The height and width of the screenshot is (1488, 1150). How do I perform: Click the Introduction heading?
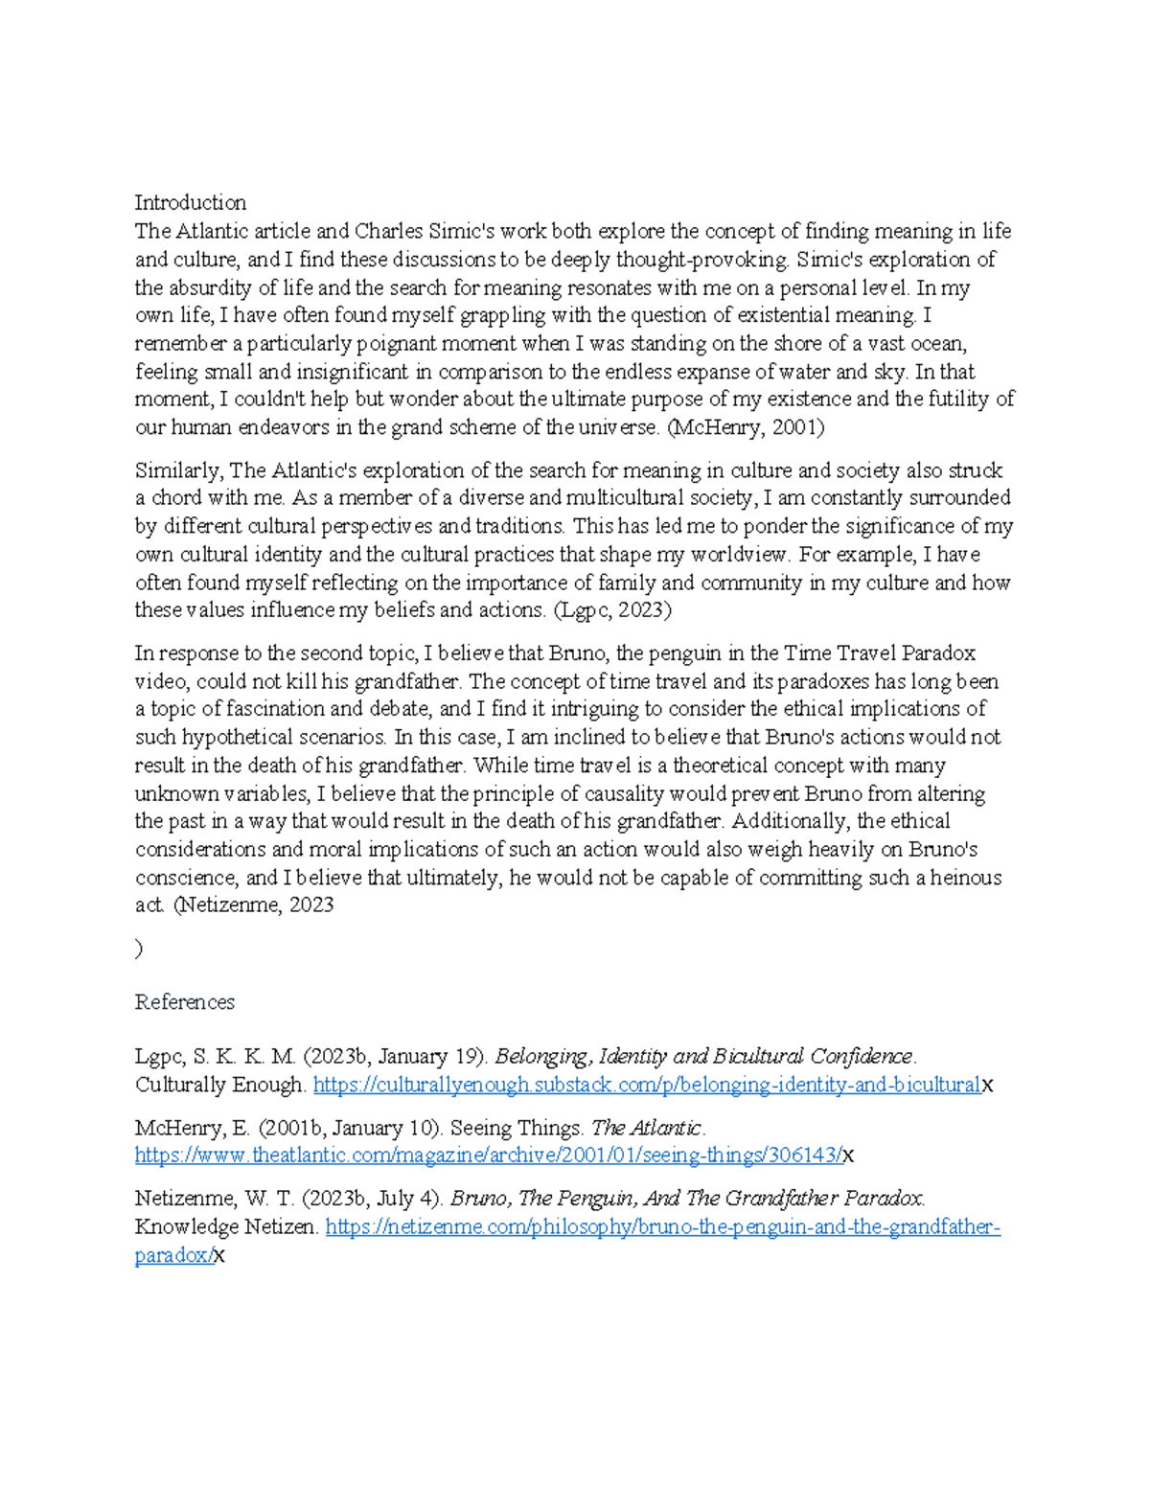click(x=190, y=203)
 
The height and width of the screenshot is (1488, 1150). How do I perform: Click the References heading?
click(x=184, y=1002)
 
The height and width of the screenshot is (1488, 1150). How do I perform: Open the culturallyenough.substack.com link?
click(x=647, y=1085)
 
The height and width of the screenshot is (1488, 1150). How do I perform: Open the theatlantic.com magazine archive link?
click(x=488, y=1156)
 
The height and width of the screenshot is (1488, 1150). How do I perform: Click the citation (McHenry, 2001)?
click(x=746, y=427)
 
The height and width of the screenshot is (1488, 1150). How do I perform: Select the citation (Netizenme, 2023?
click(x=253, y=905)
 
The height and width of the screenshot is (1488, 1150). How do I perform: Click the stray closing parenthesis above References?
click(x=140, y=949)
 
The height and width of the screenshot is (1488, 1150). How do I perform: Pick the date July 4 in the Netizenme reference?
click(x=410, y=1199)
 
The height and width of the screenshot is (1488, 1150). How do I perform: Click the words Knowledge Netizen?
click(x=225, y=1227)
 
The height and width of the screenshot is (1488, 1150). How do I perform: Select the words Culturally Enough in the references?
click(x=219, y=1086)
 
